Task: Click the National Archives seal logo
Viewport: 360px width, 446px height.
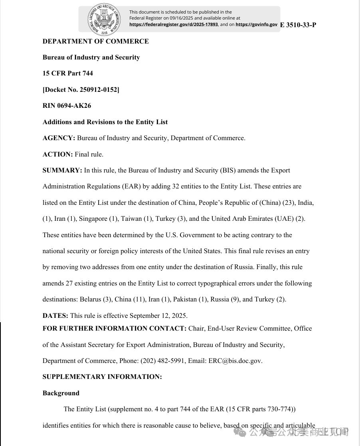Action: coord(104,19)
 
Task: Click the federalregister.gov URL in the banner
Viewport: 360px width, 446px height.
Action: coord(174,24)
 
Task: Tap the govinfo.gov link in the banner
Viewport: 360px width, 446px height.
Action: coord(256,24)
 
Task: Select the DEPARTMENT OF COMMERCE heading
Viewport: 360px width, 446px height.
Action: coord(96,41)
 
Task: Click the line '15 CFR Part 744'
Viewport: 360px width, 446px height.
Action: coord(68,73)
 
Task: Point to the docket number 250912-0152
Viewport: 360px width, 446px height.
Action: coord(99,90)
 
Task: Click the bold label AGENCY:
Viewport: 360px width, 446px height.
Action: coord(59,138)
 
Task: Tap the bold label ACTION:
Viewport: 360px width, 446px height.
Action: coord(57,154)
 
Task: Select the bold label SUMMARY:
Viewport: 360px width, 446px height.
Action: coord(62,170)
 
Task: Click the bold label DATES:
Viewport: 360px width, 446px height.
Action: coord(55,315)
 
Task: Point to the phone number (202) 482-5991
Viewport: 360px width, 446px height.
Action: coord(163,361)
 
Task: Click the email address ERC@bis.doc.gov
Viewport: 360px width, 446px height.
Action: coord(235,361)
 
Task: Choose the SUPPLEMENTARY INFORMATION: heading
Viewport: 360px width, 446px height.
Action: coord(102,377)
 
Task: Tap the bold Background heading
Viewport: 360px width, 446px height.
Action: coord(61,393)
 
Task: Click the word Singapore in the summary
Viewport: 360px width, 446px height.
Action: coord(93,219)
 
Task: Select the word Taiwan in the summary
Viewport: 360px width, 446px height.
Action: coord(131,219)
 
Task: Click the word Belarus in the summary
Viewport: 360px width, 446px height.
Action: coord(90,299)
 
